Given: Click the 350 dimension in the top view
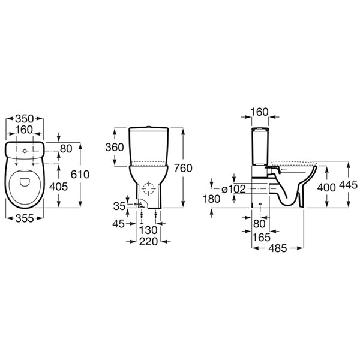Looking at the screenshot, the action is tap(25, 119).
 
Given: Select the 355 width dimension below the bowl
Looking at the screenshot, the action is tap(25, 218).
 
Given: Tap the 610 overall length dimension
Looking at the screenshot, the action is tap(80, 175).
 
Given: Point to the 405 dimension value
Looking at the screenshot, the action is tap(59, 187).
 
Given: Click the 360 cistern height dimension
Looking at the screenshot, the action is tap(115, 147).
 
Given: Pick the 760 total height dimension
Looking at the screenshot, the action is tap(183, 168).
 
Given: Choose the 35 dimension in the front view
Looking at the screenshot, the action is tap(119, 206).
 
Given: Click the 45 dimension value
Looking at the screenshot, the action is tap(118, 224).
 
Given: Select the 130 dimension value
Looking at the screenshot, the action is tap(148, 230).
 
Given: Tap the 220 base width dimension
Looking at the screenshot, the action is tap(148, 242).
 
